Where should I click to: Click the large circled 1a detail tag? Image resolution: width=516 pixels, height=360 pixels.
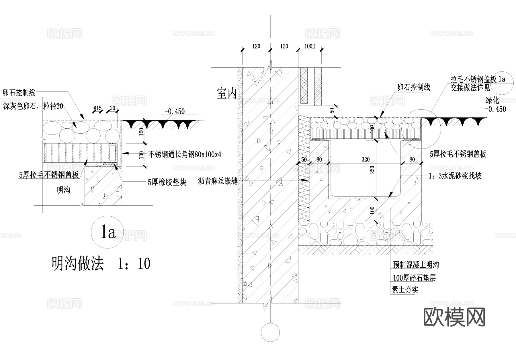[x=107, y=232]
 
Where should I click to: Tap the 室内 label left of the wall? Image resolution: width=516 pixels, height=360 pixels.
[x=226, y=94]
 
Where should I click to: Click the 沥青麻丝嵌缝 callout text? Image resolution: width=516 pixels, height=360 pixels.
[x=218, y=181]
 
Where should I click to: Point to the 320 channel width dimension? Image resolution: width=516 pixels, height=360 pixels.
[x=365, y=159]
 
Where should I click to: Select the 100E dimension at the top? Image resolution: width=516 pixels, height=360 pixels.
[x=310, y=46]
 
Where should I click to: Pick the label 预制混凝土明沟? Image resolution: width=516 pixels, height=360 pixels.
[x=416, y=265]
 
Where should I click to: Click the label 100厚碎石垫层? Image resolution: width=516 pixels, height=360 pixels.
[x=414, y=278]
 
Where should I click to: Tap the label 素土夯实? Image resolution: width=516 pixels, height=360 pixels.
[x=405, y=290]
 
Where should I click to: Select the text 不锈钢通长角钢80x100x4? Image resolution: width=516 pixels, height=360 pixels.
[x=185, y=155]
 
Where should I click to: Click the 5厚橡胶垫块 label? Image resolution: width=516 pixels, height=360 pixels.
[x=167, y=182]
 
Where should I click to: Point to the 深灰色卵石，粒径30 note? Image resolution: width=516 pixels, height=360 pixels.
[x=33, y=106]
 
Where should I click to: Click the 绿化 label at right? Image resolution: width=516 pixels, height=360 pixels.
[x=492, y=100]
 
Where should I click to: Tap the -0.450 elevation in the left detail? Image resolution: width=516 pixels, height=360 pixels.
[x=175, y=112]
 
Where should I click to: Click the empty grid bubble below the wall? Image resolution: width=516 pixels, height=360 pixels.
[x=270, y=332]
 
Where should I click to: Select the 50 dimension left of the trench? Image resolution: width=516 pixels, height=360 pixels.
[x=304, y=160]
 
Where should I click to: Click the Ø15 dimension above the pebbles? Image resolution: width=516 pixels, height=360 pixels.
[x=97, y=108]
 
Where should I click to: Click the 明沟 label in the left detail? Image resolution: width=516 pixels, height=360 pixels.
[x=63, y=190]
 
